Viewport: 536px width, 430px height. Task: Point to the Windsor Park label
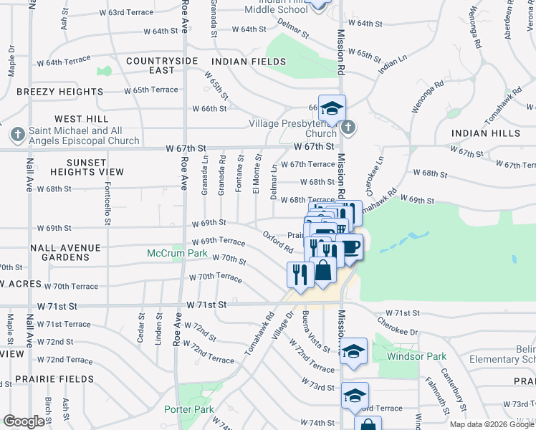pos(416,356)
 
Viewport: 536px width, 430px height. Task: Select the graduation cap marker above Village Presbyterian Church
pos(332,108)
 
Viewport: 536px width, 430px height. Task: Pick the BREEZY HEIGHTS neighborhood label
pos(59,92)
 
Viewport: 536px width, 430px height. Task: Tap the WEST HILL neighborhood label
pos(82,118)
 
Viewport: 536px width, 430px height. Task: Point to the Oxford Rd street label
pos(278,242)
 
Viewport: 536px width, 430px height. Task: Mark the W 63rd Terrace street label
pos(126,13)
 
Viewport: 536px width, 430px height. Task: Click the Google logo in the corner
pos(24,421)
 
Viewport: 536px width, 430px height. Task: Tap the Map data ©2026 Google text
pos(491,424)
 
